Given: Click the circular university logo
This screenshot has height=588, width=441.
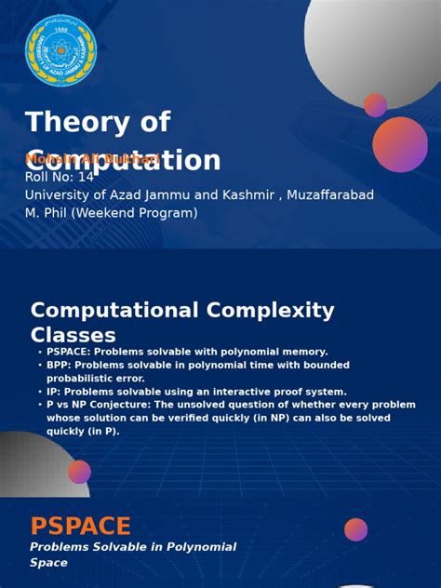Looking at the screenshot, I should (60, 50).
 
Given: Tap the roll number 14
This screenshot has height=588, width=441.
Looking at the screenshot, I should (86, 177).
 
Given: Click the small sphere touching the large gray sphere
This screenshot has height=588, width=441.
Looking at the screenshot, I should (376, 105).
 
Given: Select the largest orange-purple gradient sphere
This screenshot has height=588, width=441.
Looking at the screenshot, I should (400, 144).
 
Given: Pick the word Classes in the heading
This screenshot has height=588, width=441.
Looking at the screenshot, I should (73, 336).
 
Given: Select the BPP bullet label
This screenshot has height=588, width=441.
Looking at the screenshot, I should (59, 366).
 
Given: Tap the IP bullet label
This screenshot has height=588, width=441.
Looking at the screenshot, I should (53, 392).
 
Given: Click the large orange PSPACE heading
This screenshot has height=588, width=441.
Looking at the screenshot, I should (80, 527).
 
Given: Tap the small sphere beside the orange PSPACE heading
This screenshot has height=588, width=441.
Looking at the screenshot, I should (355, 529).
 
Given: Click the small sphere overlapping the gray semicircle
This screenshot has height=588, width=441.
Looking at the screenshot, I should (79, 472).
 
